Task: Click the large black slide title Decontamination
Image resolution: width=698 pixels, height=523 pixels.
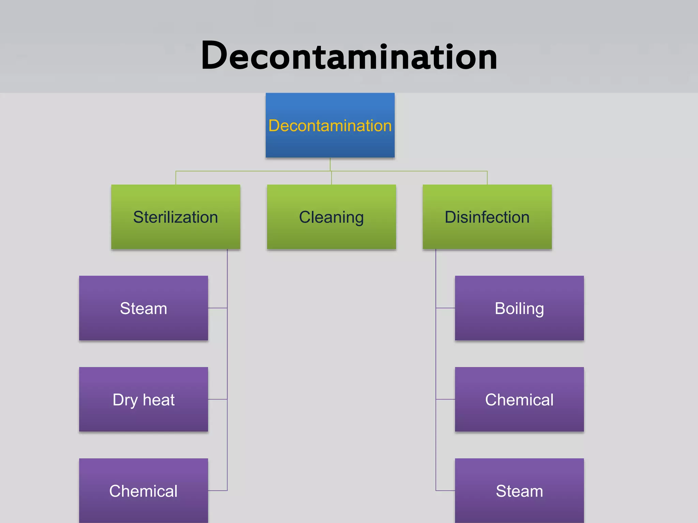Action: pos(349,56)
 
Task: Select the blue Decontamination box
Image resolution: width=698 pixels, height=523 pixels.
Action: pos(330,125)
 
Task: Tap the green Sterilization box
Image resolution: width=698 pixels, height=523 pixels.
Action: pos(176,217)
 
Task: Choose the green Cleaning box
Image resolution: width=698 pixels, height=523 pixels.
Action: pos(331,217)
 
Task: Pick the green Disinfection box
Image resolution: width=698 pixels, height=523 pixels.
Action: pos(487,217)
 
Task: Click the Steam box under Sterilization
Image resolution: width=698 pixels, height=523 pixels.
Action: pos(143,308)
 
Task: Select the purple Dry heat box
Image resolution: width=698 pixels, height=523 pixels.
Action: pos(143,399)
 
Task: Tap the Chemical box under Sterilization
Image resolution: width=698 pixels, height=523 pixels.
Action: pos(143,491)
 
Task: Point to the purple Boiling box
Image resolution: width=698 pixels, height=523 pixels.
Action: pos(519,308)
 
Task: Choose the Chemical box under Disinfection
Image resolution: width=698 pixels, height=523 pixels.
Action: pos(519,399)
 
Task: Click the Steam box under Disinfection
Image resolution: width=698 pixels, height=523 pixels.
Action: pos(519,491)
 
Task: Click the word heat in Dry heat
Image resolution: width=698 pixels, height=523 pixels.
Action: pos(158,399)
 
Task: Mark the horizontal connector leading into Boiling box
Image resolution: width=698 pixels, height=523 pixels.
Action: pos(445,308)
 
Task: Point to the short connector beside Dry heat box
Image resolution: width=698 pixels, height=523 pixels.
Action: pos(217,399)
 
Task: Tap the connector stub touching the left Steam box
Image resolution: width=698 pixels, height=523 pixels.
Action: pos(217,308)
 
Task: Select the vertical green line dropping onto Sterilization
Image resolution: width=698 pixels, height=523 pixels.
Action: pos(176,178)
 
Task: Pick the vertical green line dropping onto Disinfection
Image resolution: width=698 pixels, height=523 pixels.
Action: pos(487,178)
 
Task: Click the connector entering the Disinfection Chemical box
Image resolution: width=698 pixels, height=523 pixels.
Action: pos(445,399)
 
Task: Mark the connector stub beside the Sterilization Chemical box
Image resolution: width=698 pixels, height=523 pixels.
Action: pos(217,491)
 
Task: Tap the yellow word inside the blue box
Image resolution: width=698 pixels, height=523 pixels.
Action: pos(330,126)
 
